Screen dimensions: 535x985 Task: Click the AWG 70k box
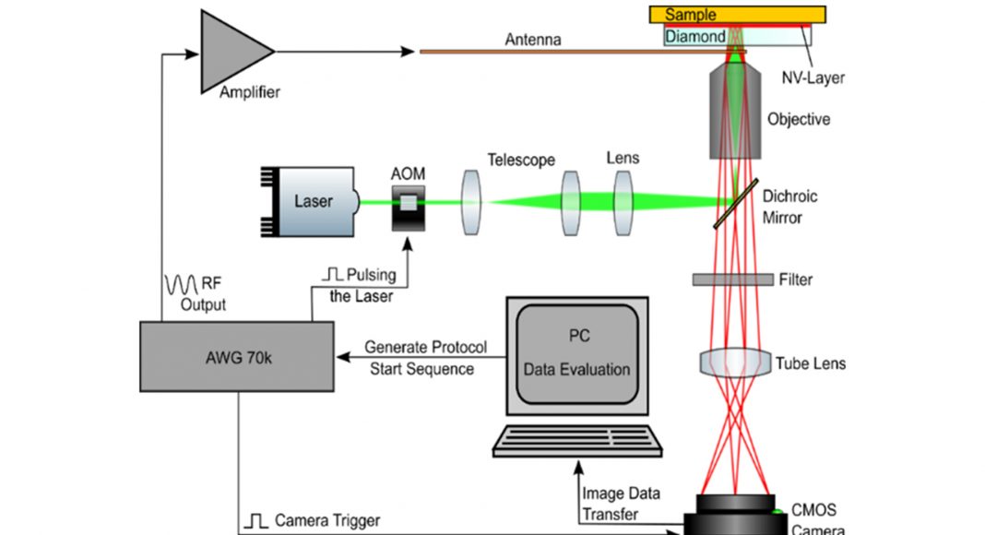coord(237,355)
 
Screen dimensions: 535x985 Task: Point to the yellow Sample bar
coord(737,14)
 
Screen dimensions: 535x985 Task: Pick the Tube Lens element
coord(735,362)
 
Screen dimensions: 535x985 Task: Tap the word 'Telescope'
coord(523,160)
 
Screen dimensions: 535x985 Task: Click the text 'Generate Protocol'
coord(425,348)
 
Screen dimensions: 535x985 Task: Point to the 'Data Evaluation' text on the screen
coord(577,369)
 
